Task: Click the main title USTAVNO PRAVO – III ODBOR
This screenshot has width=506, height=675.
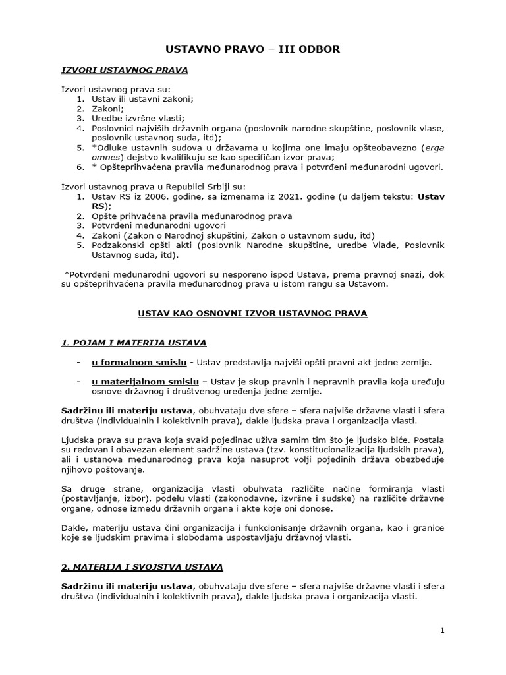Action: tap(252, 49)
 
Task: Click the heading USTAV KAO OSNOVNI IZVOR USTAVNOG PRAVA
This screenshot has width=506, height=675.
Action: tap(252, 314)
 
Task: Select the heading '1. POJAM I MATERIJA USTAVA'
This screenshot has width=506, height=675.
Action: tap(134, 343)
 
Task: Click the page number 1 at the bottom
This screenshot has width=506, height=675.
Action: tap(443, 631)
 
